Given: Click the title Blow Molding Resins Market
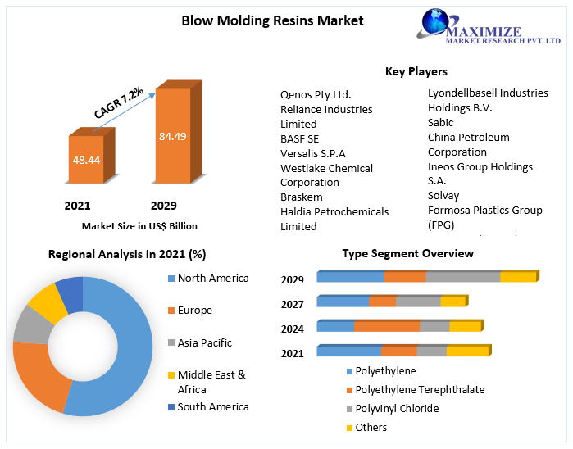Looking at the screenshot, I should (272, 20).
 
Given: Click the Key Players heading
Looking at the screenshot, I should (416, 71).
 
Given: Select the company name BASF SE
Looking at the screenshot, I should (299, 138).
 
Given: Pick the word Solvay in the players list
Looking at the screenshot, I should (443, 195).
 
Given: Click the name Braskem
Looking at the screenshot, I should (301, 197).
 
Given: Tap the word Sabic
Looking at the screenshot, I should (440, 122).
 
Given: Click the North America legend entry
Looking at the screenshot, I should (212, 278).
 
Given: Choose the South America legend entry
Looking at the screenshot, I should (212, 406).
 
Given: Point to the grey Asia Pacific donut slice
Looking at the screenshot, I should (30, 324).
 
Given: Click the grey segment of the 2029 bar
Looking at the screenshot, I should (462, 277).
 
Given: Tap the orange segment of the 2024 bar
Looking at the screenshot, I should (386, 326).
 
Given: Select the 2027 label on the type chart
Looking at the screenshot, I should (292, 304).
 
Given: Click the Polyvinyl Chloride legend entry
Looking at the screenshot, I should (397, 408).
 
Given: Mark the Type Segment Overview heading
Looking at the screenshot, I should (407, 253).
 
